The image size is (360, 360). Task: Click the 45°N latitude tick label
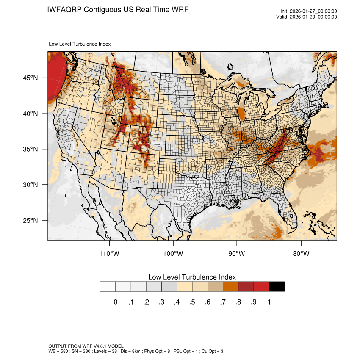coord(30,78)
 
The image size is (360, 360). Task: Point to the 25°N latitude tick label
coord(30,220)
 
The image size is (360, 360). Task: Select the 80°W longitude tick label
coord(301,254)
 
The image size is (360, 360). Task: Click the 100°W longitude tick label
coord(173,254)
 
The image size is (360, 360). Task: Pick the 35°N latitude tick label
coord(30,149)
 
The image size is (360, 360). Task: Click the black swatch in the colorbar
coord(277,287)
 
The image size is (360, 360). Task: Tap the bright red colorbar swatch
coord(261,287)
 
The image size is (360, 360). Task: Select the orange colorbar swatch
coord(231,287)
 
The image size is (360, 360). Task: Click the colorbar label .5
coord(192,302)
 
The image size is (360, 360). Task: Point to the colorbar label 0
coord(115,302)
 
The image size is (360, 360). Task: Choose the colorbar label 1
coord(269,302)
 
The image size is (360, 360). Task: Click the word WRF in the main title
coord(178,9)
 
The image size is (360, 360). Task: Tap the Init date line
coord(309,11)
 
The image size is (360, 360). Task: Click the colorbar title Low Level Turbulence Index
coord(192,277)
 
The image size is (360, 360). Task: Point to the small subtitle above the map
coord(80,44)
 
